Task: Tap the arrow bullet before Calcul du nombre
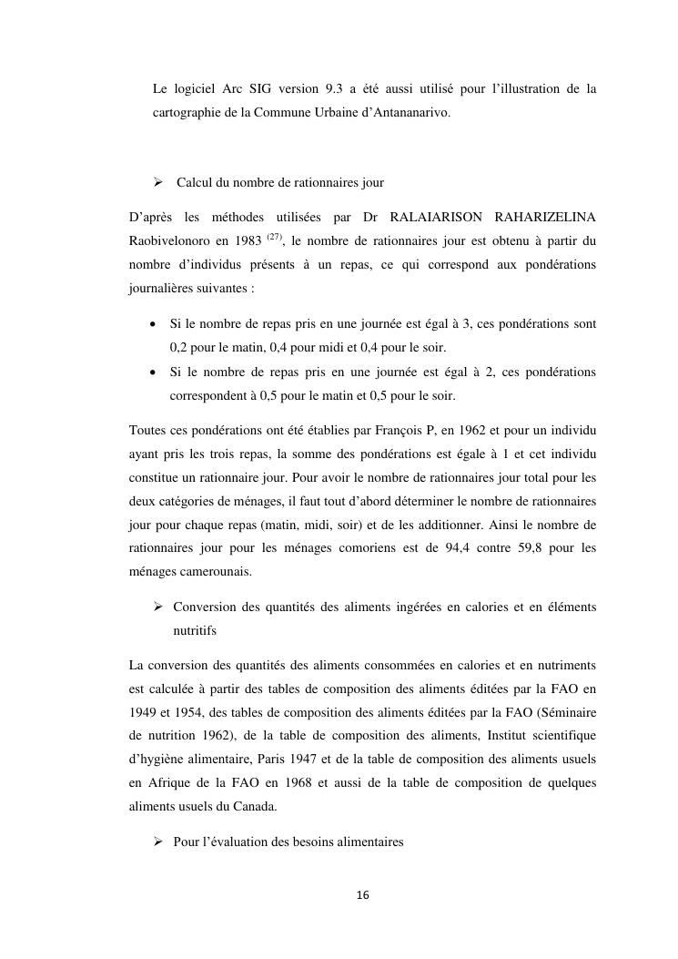pyautogui.click(x=157, y=183)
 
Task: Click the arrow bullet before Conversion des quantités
pyautogui.click(x=157, y=606)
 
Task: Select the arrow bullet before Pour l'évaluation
pyautogui.click(x=157, y=842)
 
